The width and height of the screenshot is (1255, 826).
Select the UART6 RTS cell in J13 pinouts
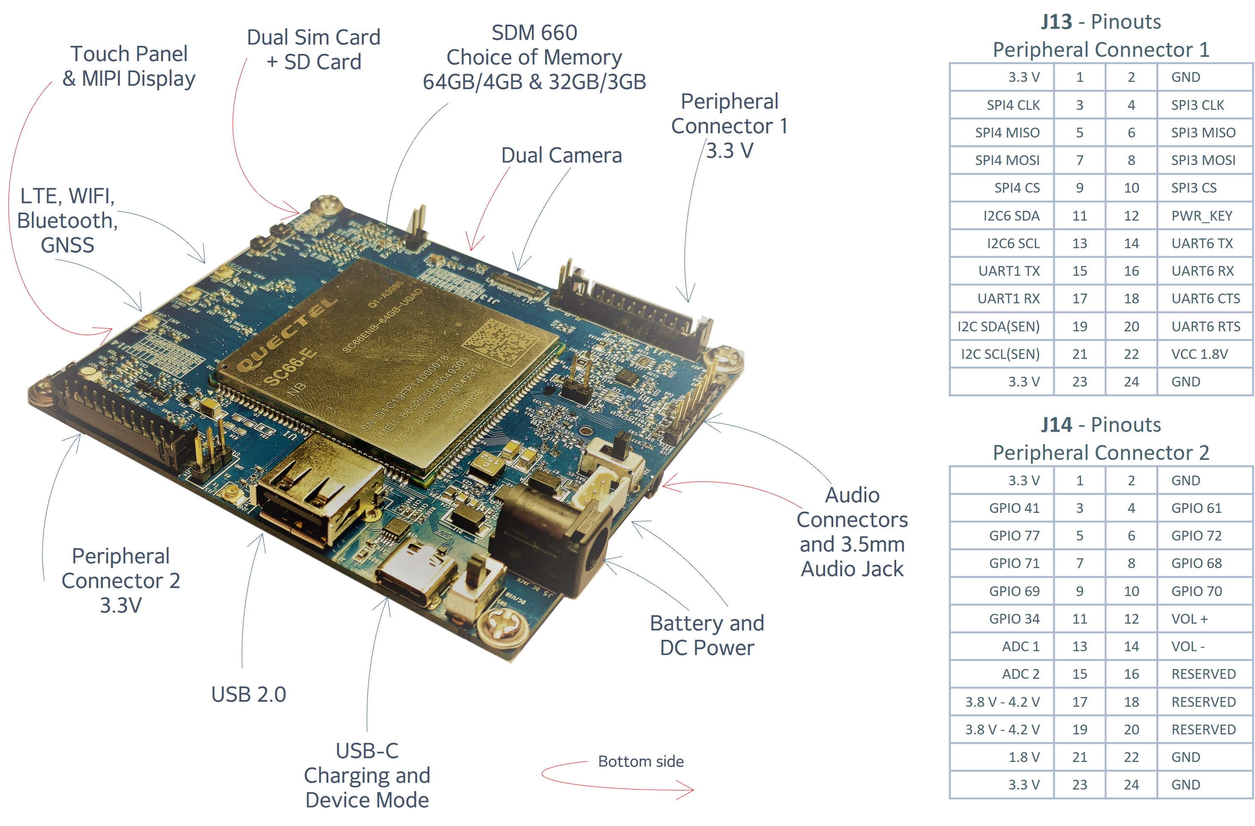tap(1205, 327)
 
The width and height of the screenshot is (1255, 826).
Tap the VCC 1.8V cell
tap(1199, 354)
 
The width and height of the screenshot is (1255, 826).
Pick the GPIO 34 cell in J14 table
tap(1014, 619)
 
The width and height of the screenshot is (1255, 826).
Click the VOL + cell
tap(1189, 619)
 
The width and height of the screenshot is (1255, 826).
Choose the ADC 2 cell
tap(1020, 674)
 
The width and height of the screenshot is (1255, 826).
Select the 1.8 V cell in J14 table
tap(1023, 757)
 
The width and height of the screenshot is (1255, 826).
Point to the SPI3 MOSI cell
tap(1203, 160)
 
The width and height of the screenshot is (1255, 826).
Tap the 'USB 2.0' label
tap(249, 694)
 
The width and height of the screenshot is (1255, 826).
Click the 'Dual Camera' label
tap(561, 156)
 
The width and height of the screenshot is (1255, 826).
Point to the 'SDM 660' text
tap(534, 33)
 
